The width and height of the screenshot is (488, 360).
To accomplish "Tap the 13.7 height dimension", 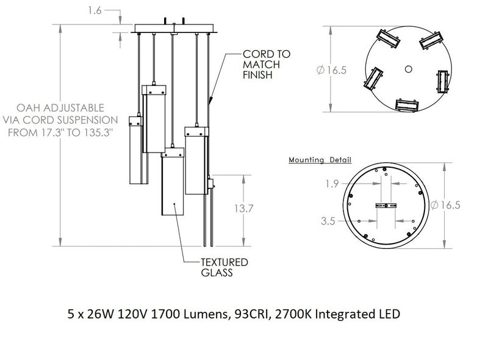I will coord(244,209).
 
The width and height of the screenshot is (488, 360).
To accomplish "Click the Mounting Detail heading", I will coord(320,160).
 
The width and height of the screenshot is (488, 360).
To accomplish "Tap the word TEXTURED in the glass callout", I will coord(224,262).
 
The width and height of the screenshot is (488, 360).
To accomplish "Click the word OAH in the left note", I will coord(60,107).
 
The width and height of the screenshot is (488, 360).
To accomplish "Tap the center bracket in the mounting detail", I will coord(386,206).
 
